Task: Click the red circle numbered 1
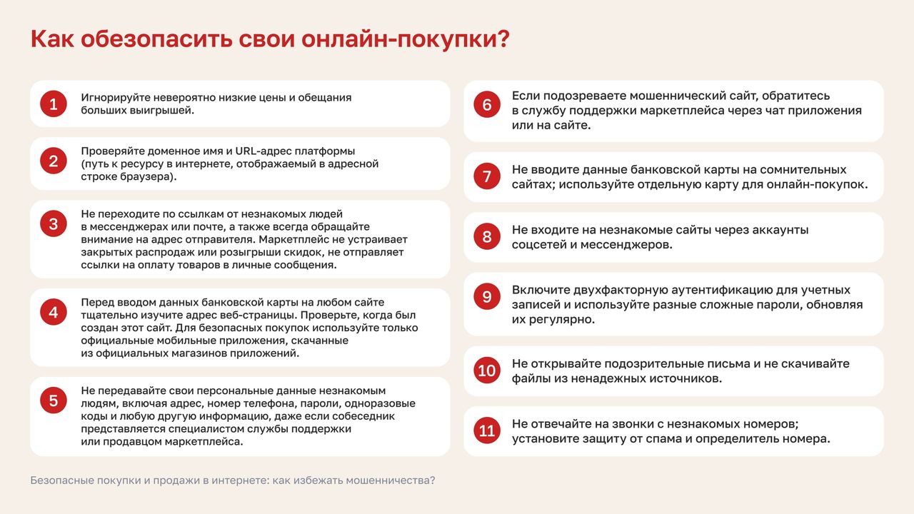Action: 54,104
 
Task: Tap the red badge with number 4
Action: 54,312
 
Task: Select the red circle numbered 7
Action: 487,176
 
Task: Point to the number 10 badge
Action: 487,371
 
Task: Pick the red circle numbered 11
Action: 487,430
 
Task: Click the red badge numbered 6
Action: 487,104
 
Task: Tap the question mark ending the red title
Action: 504,39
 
